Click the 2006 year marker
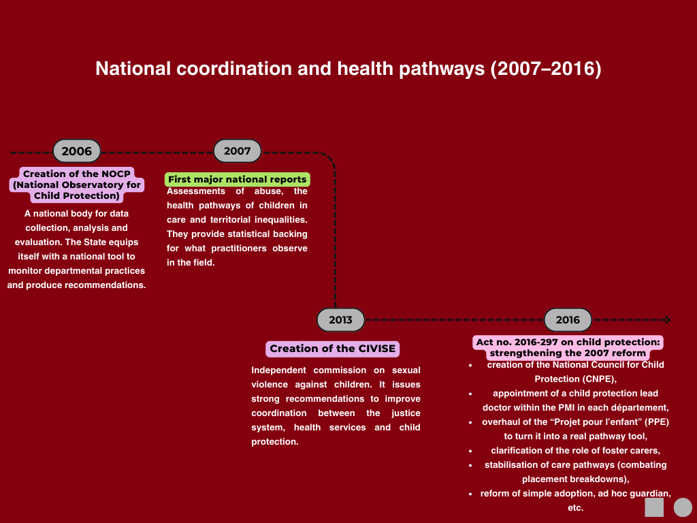coord(77,151)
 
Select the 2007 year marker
coord(238,151)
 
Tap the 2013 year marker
coord(341,320)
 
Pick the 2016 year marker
coord(568,320)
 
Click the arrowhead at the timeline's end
coord(668,320)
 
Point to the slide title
coord(348,69)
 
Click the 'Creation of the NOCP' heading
coord(77,174)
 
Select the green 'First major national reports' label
coord(238,180)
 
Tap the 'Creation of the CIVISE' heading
coord(332,349)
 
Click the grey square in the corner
coord(654,507)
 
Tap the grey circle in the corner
coord(683,507)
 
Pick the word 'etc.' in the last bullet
coord(575,507)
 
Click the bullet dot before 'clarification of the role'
coord(470,451)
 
